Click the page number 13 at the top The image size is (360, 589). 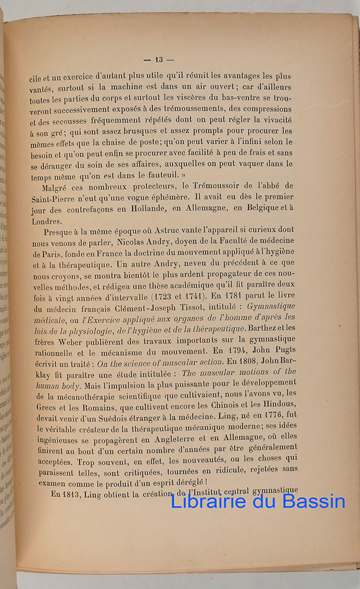159,59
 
